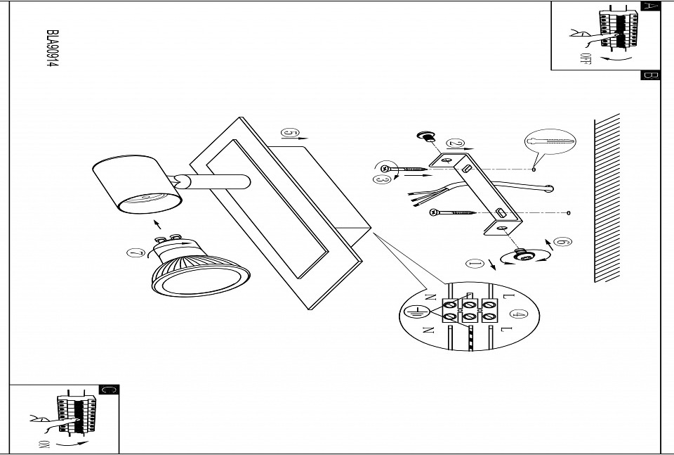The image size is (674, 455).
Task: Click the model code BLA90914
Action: point(51,49)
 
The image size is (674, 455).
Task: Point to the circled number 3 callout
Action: point(382,181)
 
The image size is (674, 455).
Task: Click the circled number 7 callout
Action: point(136,253)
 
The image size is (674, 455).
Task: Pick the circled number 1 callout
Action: point(475,264)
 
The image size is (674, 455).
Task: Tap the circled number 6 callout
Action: point(561,243)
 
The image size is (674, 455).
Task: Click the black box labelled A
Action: point(650,6)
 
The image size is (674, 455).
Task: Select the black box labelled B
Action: point(650,76)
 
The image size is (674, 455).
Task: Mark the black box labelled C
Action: point(109,390)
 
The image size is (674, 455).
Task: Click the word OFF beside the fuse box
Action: point(585,58)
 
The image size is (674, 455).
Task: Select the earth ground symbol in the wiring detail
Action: point(415,311)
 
